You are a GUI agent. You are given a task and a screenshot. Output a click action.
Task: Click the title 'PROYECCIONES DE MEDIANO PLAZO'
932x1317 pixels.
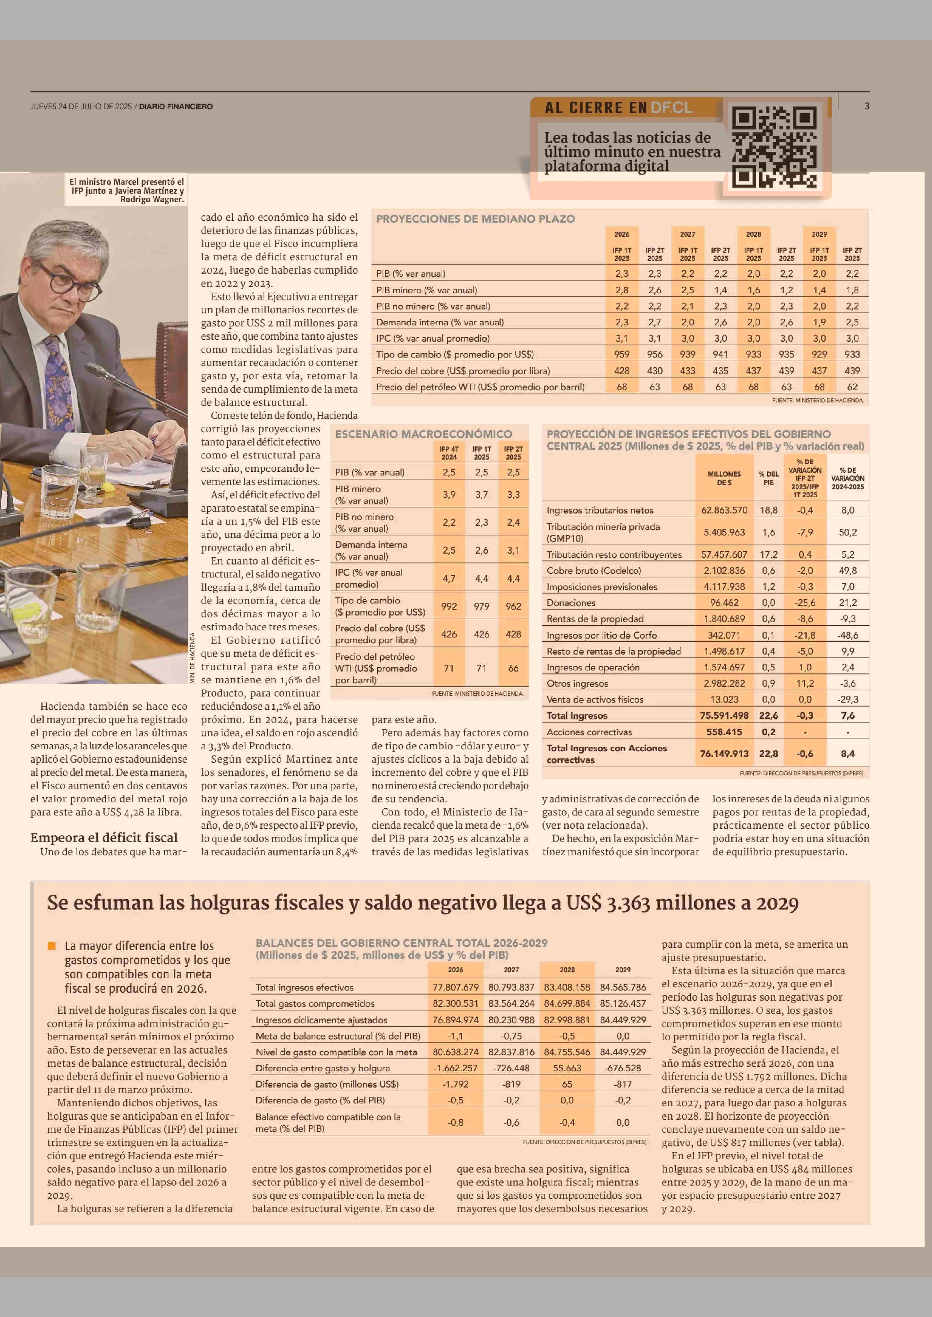[x=475, y=219]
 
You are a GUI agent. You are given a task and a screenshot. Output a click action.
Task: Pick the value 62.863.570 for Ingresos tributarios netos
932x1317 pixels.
[x=724, y=510]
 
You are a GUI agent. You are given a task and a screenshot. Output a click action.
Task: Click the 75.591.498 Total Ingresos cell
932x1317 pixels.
[x=724, y=716]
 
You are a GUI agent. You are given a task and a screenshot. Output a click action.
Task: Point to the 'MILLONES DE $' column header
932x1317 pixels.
[x=724, y=478]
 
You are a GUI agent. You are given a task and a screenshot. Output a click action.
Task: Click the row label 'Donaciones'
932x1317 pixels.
[x=571, y=602]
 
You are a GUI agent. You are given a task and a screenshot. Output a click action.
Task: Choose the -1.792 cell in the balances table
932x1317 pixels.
[x=456, y=1084]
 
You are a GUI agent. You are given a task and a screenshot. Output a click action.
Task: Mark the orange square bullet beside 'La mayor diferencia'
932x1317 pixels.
[x=52, y=945]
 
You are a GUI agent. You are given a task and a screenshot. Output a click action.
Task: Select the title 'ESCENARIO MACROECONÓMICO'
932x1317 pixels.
[x=423, y=434]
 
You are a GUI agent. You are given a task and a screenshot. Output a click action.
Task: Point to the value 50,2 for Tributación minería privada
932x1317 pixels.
[x=848, y=532]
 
